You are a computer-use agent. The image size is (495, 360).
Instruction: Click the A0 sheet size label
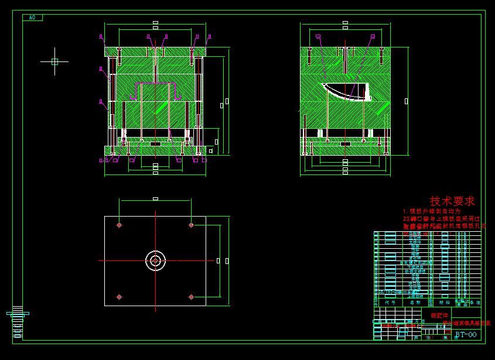32,18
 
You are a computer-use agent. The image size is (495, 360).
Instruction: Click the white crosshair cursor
54,61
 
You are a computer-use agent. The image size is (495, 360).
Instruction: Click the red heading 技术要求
452,201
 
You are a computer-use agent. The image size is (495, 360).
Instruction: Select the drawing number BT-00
466,335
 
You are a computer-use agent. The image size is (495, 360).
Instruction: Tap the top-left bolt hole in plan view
119,225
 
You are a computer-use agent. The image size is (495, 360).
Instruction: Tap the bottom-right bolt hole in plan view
191,297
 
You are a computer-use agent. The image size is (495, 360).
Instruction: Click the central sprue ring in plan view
155,260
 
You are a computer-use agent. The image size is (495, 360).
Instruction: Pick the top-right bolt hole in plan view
191,225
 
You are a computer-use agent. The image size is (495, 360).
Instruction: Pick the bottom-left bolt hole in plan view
119,297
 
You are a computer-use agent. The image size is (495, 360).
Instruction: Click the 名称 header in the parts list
415,303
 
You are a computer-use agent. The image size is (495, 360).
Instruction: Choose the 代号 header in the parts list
390,303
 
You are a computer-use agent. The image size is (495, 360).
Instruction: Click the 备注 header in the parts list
476,303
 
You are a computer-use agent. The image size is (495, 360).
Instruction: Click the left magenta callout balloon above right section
318,36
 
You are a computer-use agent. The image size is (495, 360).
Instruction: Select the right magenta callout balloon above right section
372,36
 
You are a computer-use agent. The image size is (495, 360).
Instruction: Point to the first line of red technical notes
432,211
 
